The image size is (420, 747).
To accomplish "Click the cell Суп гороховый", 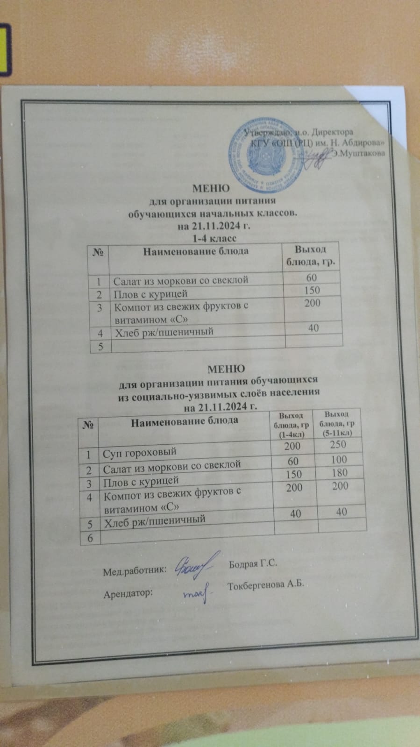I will click(x=140, y=452).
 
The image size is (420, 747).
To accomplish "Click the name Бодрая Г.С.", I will click(x=253, y=564).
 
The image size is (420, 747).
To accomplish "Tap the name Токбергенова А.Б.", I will click(x=265, y=586).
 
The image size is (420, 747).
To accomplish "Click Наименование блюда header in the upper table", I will click(x=195, y=252).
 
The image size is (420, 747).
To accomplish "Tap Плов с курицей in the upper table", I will click(x=150, y=294).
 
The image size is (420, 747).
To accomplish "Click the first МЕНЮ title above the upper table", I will click(x=211, y=189).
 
